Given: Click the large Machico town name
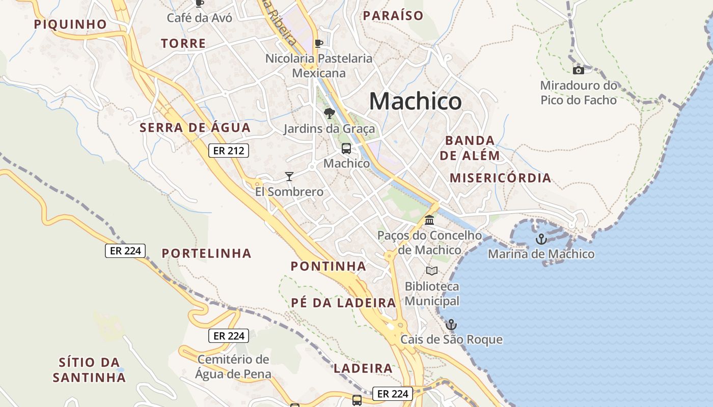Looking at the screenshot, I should [x=415, y=101].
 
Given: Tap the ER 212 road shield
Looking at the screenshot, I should [x=228, y=151].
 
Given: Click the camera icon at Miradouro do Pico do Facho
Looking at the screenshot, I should [x=578, y=70].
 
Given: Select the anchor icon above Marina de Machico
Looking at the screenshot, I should [x=541, y=239].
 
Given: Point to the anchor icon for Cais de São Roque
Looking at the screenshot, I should [x=451, y=325].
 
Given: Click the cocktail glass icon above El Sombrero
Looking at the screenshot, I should [x=289, y=177].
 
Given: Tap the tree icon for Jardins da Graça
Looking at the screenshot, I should [x=329, y=113].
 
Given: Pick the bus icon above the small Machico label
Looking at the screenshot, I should [x=346, y=149].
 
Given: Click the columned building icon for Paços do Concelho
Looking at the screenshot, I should [x=429, y=220].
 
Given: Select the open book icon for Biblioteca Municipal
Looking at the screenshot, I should [x=432, y=271].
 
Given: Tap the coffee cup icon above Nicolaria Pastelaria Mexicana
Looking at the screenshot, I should [x=319, y=43].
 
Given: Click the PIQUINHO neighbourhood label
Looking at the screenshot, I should [x=70, y=24].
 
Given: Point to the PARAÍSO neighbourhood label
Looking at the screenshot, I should [x=393, y=16].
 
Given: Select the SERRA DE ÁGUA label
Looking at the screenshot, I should [x=195, y=128].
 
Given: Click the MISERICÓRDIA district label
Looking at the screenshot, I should [x=501, y=178].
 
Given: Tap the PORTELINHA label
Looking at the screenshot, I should [x=206, y=253].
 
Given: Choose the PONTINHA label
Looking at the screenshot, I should [x=328, y=266].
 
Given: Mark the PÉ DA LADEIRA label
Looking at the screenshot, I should [x=343, y=303].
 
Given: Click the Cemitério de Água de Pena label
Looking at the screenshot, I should [x=233, y=367].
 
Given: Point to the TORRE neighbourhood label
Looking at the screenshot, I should [x=183, y=44].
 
